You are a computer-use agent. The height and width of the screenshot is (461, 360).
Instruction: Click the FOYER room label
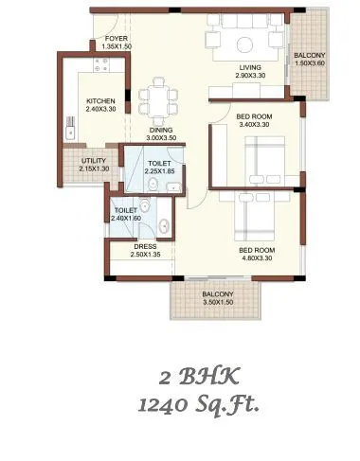click(117, 38)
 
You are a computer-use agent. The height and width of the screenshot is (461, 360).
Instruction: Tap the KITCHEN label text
click(100, 100)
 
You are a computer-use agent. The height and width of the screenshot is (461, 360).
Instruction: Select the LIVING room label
click(250, 66)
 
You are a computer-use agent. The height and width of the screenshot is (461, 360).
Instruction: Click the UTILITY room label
click(93, 161)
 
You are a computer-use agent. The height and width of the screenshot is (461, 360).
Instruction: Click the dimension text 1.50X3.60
click(309, 64)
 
